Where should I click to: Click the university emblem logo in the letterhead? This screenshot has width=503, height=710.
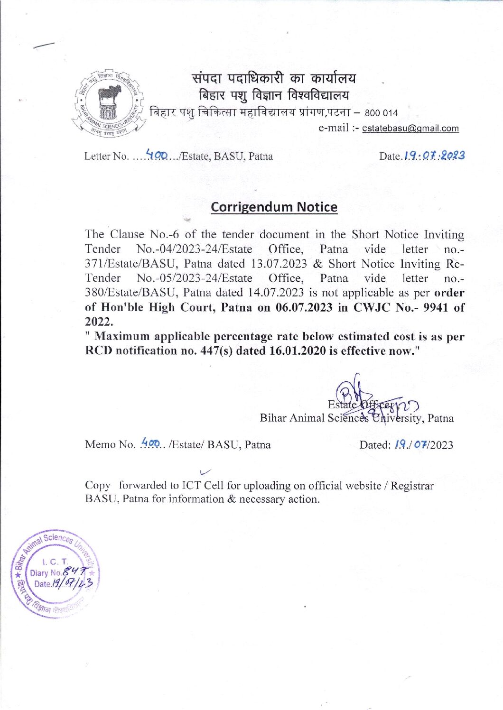(x=107, y=103)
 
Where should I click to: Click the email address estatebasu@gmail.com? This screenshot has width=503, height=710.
(x=410, y=129)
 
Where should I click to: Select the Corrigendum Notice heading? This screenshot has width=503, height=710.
(x=274, y=207)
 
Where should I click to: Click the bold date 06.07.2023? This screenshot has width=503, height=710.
(x=304, y=307)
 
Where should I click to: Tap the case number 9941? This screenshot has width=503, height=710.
(x=435, y=307)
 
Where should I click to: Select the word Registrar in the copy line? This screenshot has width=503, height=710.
(x=412, y=486)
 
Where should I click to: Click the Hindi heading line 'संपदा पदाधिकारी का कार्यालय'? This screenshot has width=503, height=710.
(x=274, y=78)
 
